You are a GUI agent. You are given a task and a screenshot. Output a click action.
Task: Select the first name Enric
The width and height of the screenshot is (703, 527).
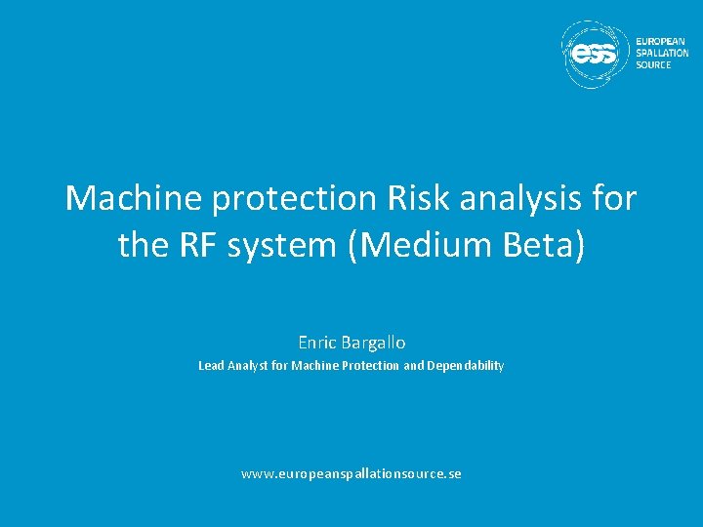click(x=318, y=343)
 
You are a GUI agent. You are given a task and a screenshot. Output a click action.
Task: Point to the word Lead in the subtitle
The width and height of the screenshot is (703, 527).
click(x=211, y=366)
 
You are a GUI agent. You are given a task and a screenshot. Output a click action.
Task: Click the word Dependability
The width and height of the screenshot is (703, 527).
click(x=466, y=366)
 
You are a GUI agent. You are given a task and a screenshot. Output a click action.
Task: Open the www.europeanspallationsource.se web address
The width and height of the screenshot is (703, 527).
click(x=351, y=474)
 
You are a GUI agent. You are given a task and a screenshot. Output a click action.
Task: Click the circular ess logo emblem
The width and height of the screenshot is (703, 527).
click(x=595, y=55)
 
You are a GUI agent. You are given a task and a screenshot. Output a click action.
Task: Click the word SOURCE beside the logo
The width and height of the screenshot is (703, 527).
click(x=653, y=64)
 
